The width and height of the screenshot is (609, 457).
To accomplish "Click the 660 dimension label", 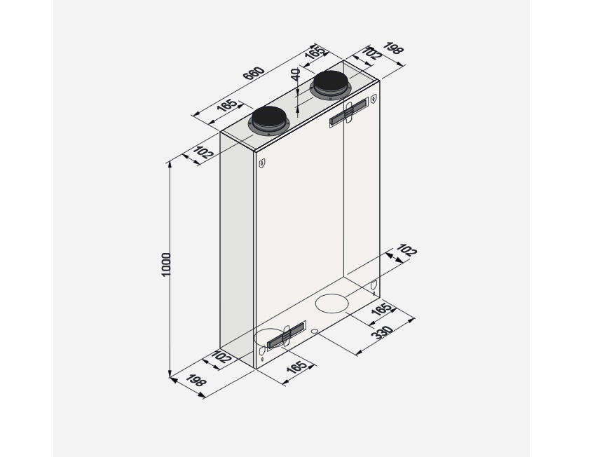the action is click(254, 73).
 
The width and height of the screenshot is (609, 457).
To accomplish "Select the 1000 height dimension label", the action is click(166, 265).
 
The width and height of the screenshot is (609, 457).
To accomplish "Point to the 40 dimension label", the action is click(296, 74).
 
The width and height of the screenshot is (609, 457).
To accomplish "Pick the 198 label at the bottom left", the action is click(196, 381).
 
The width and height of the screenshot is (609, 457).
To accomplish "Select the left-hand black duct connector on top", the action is click(269, 121).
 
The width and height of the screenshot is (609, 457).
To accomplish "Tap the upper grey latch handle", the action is click(348, 113).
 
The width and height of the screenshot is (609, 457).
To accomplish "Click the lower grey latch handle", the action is click(286, 335).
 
